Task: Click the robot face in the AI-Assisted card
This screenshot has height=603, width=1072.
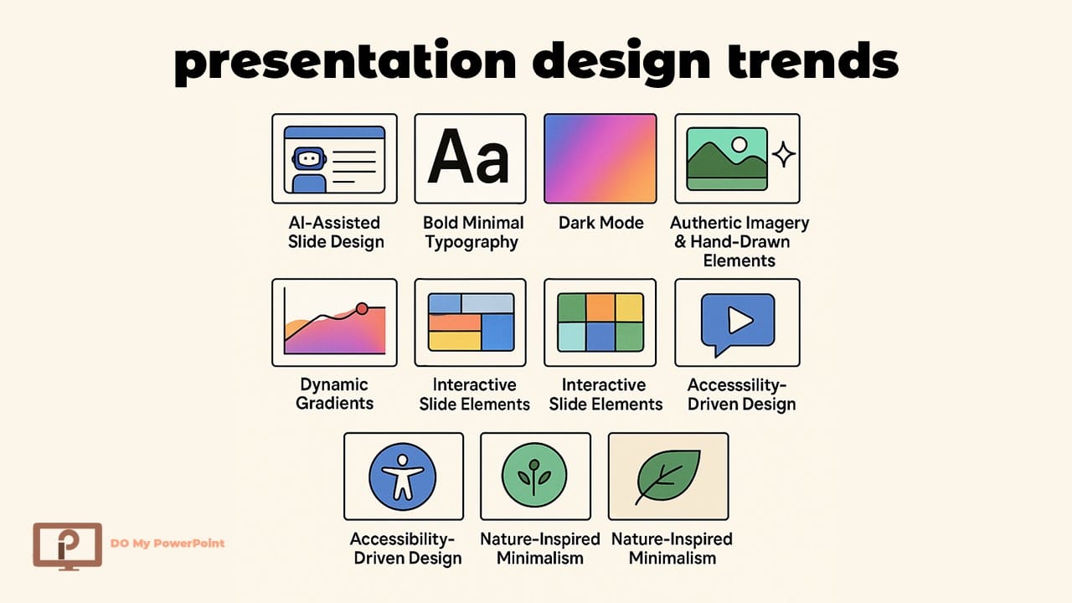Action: tap(309, 157)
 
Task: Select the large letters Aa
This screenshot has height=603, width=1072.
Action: tap(469, 157)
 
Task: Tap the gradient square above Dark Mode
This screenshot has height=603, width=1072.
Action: tap(600, 158)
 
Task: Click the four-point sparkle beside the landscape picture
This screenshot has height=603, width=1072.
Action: tap(784, 154)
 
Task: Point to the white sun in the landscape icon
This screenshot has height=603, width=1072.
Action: tap(740, 145)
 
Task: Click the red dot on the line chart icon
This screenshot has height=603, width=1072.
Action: tap(362, 308)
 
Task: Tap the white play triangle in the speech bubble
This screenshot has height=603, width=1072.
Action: tap(738, 320)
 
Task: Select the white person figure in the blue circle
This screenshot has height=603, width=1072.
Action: tap(403, 476)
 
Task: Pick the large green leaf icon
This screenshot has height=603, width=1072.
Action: tap(667, 476)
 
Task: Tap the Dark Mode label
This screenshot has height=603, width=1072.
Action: tap(600, 223)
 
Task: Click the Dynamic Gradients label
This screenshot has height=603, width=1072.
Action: tap(335, 394)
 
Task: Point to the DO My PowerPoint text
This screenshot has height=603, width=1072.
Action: tap(167, 543)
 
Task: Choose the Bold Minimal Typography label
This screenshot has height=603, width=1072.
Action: tap(472, 233)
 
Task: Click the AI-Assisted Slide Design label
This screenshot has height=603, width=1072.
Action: tap(335, 233)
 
